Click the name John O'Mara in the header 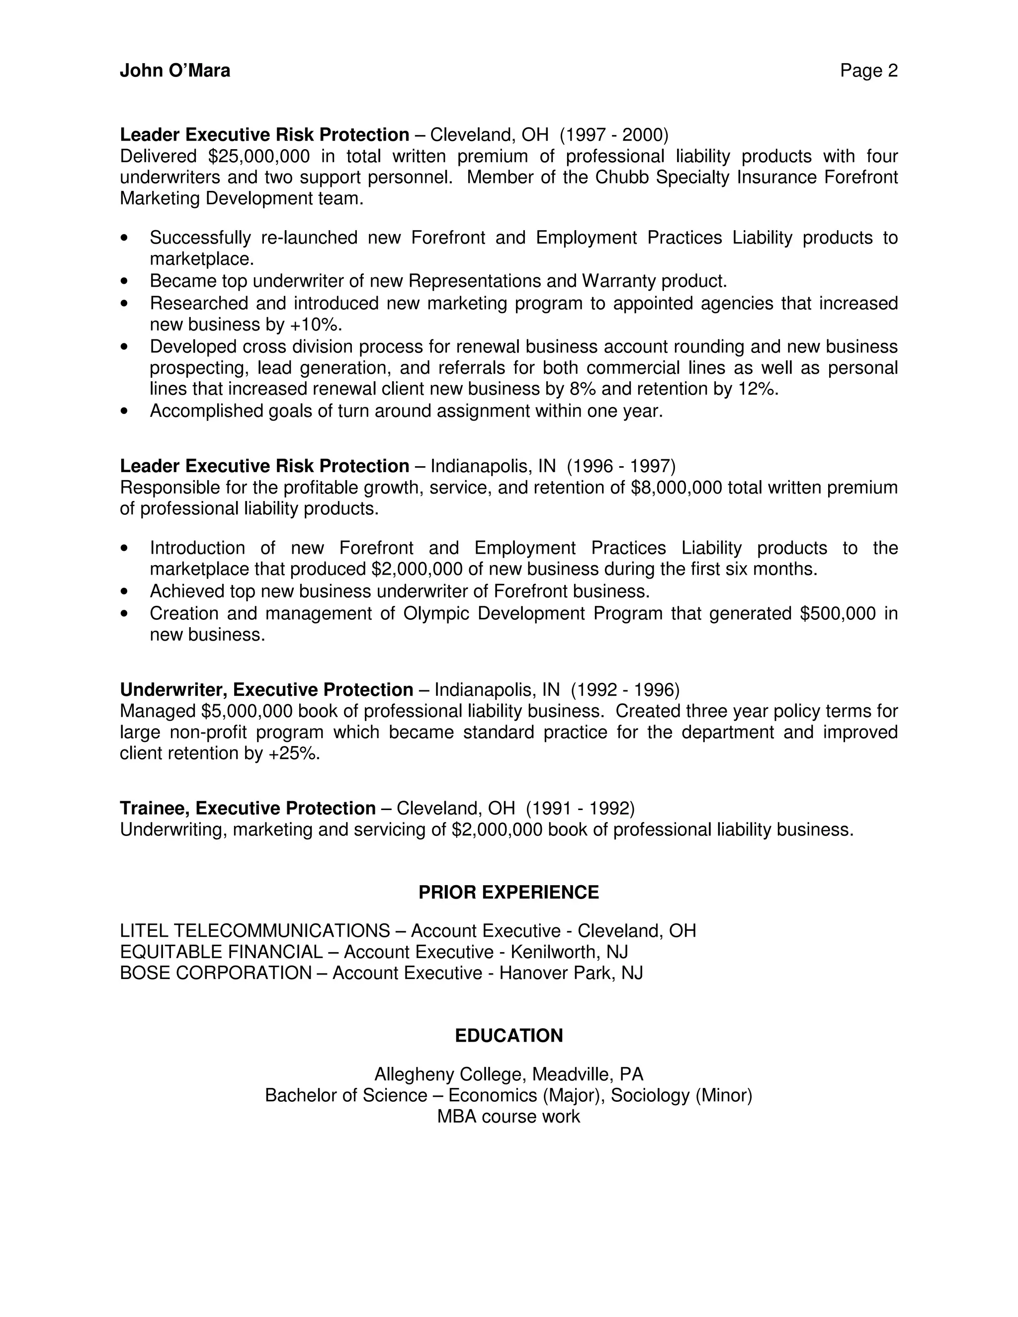[175, 71]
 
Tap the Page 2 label [868, 71]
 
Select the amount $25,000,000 [258, 156]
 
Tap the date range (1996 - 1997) [621, 466]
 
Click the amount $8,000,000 [676, 487]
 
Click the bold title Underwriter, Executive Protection [266, 690]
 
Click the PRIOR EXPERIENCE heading [509, 893]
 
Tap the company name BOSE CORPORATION [216, 973]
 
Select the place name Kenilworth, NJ [569, 952]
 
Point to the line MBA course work [509, 1117]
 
